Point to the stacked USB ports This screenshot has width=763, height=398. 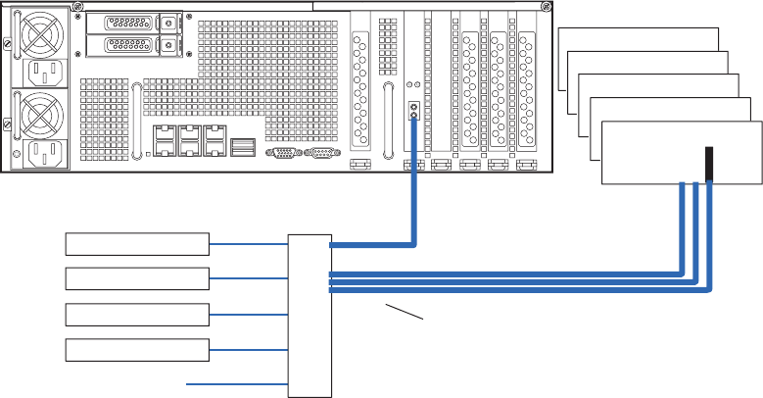243,147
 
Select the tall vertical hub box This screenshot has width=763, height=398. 310,315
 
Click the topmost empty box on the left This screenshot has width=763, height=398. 137,244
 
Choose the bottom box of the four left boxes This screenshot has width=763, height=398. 137,349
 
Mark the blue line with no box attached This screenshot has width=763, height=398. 235,383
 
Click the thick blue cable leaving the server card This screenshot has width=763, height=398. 417,196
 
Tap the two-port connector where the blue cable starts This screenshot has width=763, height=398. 413,111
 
